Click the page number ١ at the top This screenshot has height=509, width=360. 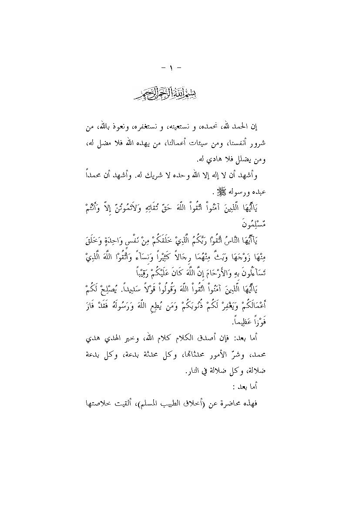point(180,68)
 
